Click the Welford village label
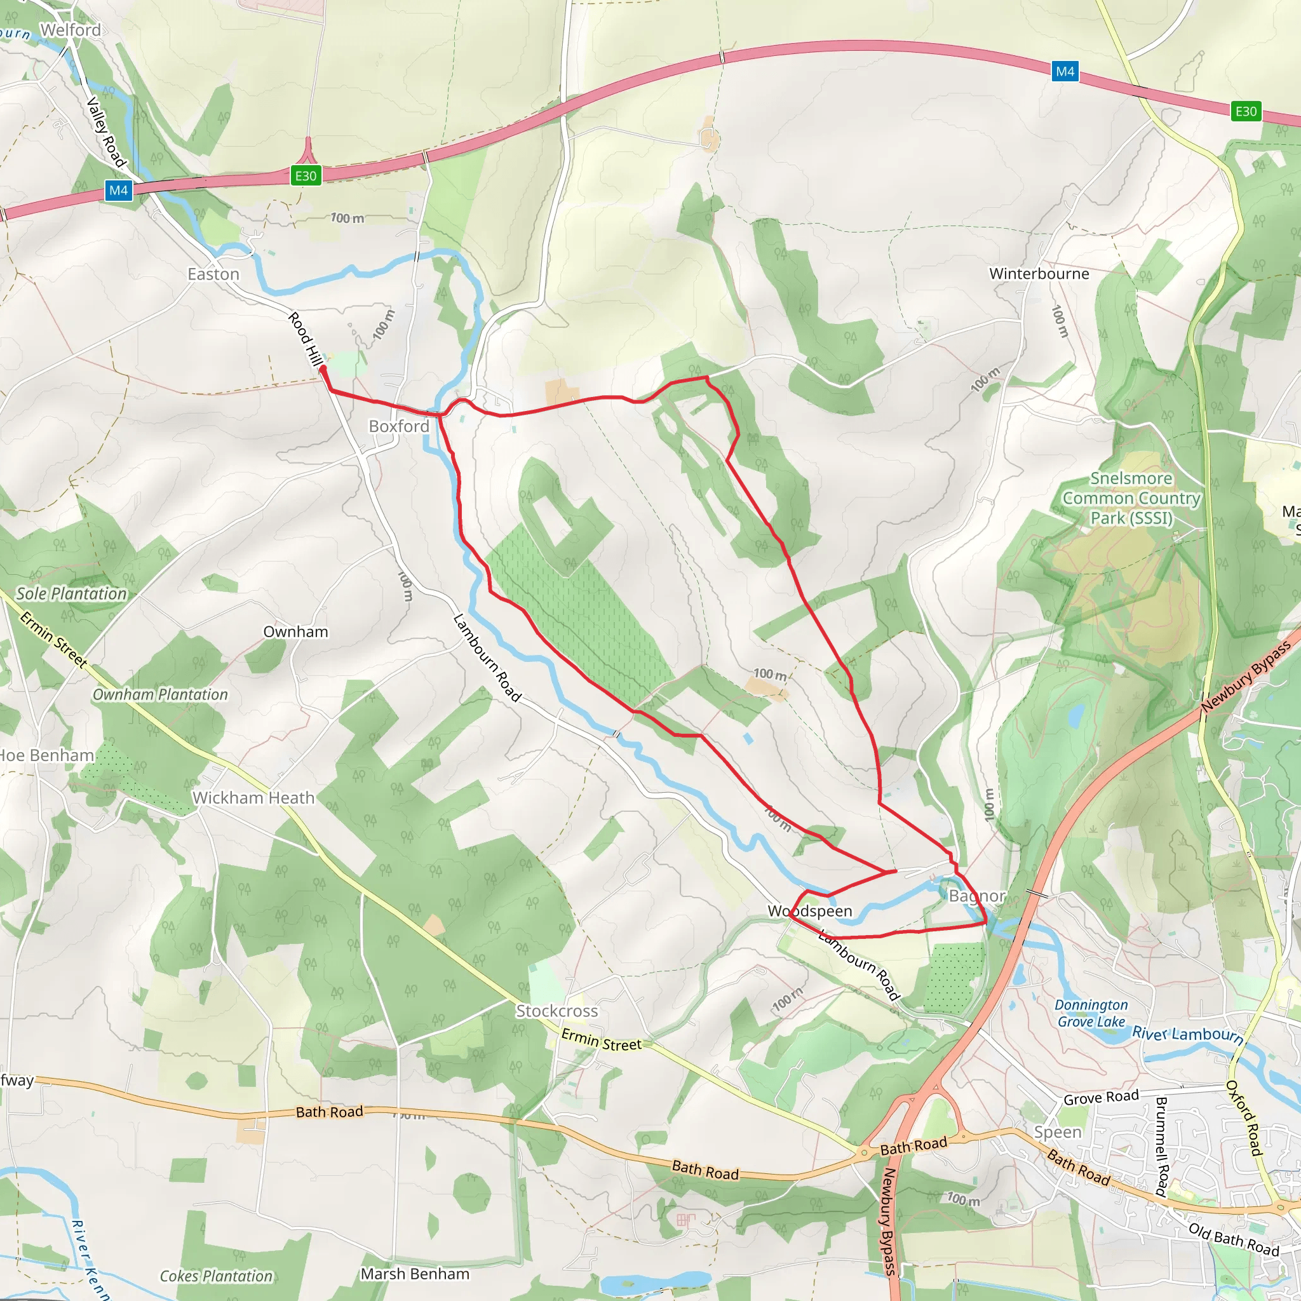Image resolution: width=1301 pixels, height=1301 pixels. pyautogui.click(x=71, y=30)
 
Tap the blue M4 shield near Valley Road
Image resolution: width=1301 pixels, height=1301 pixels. pyautogui.click(x=119, y=191)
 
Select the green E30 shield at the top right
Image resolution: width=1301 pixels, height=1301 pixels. pyautogui.click(x=1245, y=111)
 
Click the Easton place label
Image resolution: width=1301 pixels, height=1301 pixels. pyautogui.click(x=213, y=274)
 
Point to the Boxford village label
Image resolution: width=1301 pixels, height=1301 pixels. pyautogui.click(x=399, y=426)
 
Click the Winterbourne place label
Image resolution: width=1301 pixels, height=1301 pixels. pyautogui.click(x=1039, y=273)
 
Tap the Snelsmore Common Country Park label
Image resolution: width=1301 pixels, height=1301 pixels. pyautogui.click(x=1131, y=498)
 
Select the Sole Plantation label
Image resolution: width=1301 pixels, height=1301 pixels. pyautogui.click(x=71, y=593)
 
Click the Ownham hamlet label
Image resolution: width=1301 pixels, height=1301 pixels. pyautogui.click(x=295, y=631)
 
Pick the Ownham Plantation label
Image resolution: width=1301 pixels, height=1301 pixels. pyautogui.click(x=160, y=694)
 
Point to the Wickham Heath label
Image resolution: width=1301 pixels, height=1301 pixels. pyautogui.click(x=253, y=797)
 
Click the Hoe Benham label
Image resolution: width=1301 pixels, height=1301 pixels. pyautogui.click(x=46, y=755)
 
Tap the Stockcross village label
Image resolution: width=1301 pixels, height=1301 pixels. pyautogui.click(x=557, y=1011)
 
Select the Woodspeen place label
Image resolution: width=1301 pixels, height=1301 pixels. pyautogui.click(x=810, y=911)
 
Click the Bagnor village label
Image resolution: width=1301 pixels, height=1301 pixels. pyautogui.click(x=976, y=896)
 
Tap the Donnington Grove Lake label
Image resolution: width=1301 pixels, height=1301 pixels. pyautogui.click(x=1091, y=1013)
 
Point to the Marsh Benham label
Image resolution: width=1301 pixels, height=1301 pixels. pyautogui.click(x=415, y=1274)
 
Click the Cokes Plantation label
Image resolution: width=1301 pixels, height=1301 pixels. pyautogui.click(x=216, y=1276)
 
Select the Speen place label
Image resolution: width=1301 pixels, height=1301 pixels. pyautogui.click(x=1057, y=1132)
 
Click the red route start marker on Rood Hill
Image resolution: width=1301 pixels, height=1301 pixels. pyautogui.click(x=323, y=370)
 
